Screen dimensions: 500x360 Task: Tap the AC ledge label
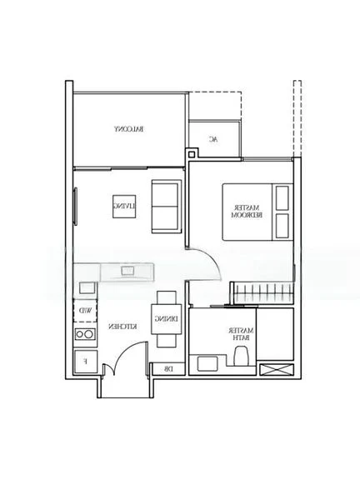pyautogui.click(x=213, y=139)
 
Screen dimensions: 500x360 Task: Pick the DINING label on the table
pyautogui.click(x=166, y=318)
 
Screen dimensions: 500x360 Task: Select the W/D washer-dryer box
pyautogui.click(x=86, y=310)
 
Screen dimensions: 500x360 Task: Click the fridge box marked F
pyautogui.click(x=84, y=362)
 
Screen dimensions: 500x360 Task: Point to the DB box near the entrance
pyautogui.click(x=167, y=369)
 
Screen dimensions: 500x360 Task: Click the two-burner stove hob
pyautogui.click(x=85, y=334)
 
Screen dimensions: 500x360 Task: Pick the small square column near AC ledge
pyautogui.click(x=193, y=152)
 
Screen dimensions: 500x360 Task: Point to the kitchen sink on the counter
pyautogui.click(x=127, y=271)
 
